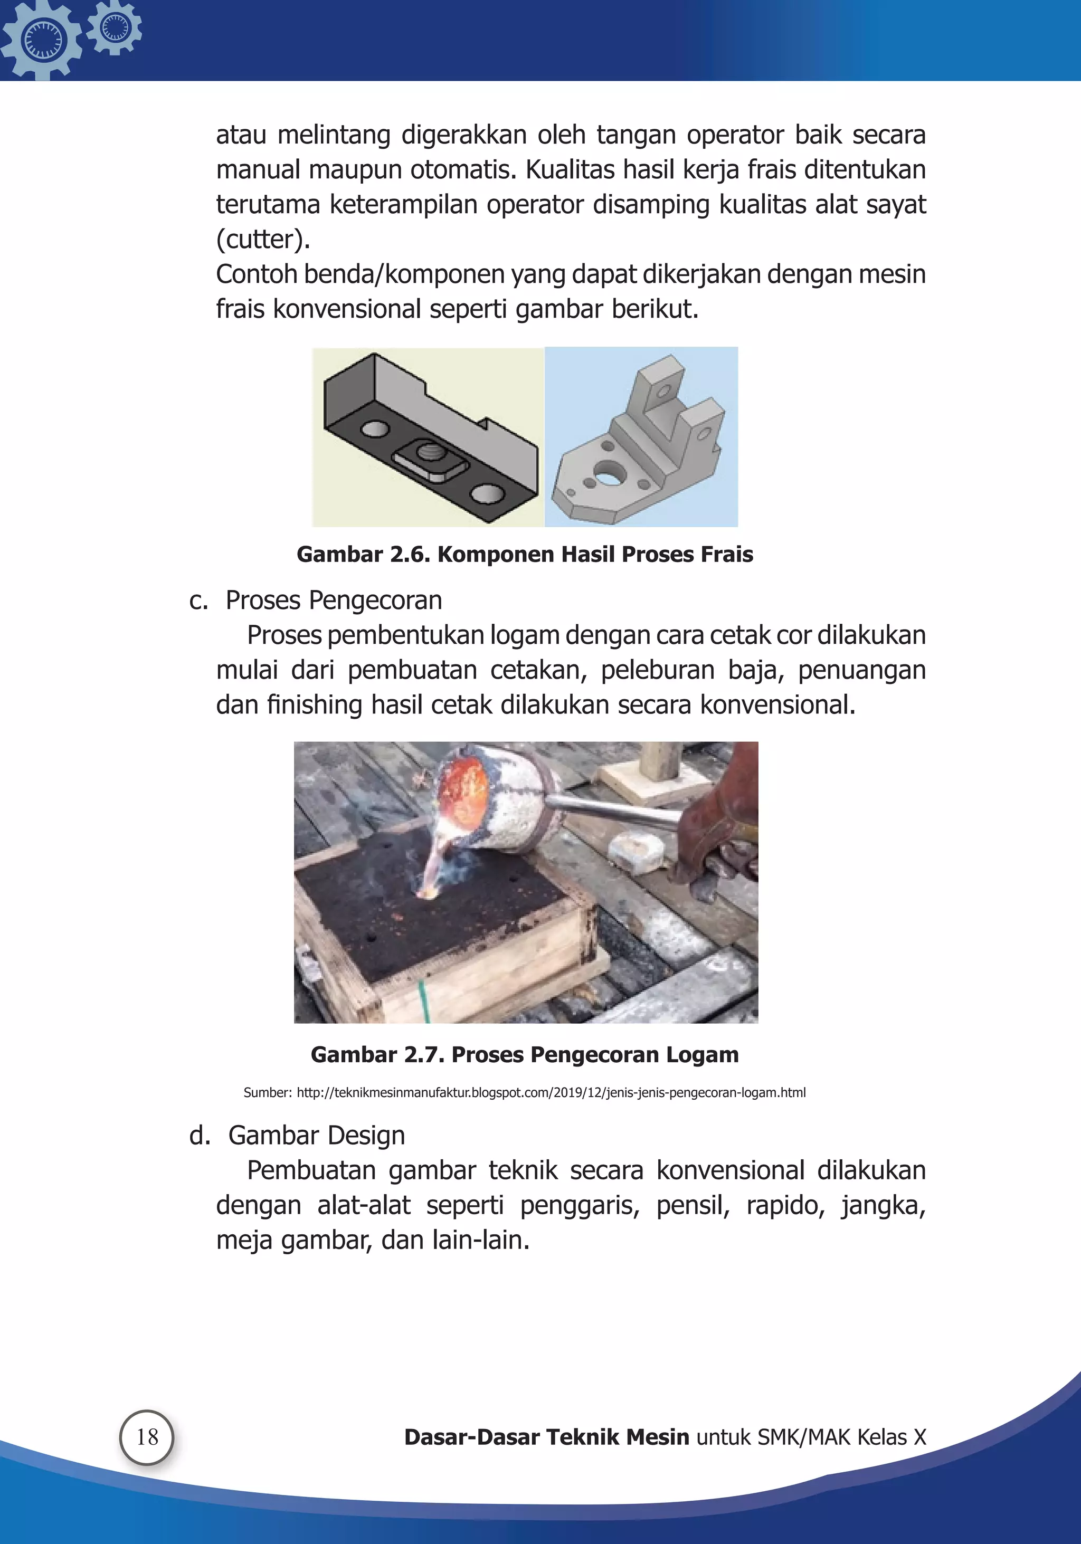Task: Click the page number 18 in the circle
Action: [147, 1437]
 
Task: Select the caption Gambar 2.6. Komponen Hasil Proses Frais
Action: [525, 554]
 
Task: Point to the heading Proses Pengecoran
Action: [334, 600]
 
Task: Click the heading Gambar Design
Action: [316, 1136]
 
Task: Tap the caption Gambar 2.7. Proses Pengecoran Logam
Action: [525, 1054]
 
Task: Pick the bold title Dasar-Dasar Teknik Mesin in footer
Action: [546, 1437]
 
